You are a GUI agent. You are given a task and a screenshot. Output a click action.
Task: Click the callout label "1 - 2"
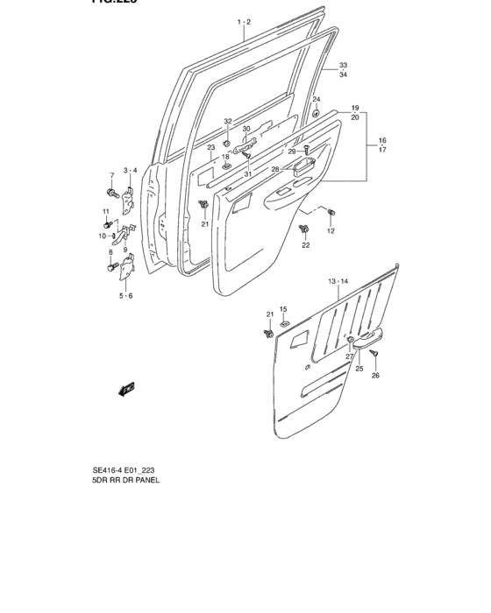(x=243, y=21)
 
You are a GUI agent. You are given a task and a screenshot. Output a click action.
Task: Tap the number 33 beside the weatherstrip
(x=344, y=66)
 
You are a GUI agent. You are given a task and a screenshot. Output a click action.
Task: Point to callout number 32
(x=227, y=122)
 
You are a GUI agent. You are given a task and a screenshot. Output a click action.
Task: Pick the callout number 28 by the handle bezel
(x=274, y=169)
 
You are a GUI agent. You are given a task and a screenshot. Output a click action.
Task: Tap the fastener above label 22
(x=304, y=229)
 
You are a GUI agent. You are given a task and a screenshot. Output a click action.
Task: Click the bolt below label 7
(x=113, y=192)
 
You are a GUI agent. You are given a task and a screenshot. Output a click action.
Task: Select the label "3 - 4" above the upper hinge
(x=130, y=170)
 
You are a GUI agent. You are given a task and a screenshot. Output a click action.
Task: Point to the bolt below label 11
(x=108, y=224)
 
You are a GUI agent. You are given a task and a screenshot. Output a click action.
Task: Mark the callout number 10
(x=102, y=236)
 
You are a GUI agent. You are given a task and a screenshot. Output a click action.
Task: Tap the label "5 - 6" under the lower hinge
(x=125, y=296)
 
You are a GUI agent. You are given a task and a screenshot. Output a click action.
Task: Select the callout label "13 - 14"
(x=338, y=281)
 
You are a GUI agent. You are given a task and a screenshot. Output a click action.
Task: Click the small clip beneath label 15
(x=283, y=325)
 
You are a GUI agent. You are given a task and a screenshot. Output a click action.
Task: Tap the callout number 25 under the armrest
(x=359, y=369)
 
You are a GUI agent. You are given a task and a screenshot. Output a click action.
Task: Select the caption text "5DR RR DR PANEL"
(x=125, y=481)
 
